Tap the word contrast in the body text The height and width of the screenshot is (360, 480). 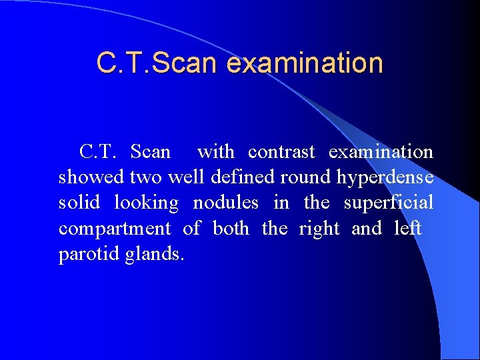click(x=281, y=152)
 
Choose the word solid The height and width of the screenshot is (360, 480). click(x=79, y=203)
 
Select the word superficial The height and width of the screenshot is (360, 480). click(x=389, y=203)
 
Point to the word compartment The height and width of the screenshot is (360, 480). click(x=115, y=229)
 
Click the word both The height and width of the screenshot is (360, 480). click(x=231, y=228)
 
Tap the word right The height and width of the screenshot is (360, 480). click(x=319, y=229)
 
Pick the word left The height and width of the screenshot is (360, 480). click(x=408, y=228)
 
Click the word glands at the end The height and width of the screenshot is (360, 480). click(x=154, y=254)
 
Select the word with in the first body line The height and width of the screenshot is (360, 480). click(x=216, y=152)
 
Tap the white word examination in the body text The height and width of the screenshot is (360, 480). click(x=381, y=152)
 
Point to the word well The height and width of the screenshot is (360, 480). click(x=187, y=178)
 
